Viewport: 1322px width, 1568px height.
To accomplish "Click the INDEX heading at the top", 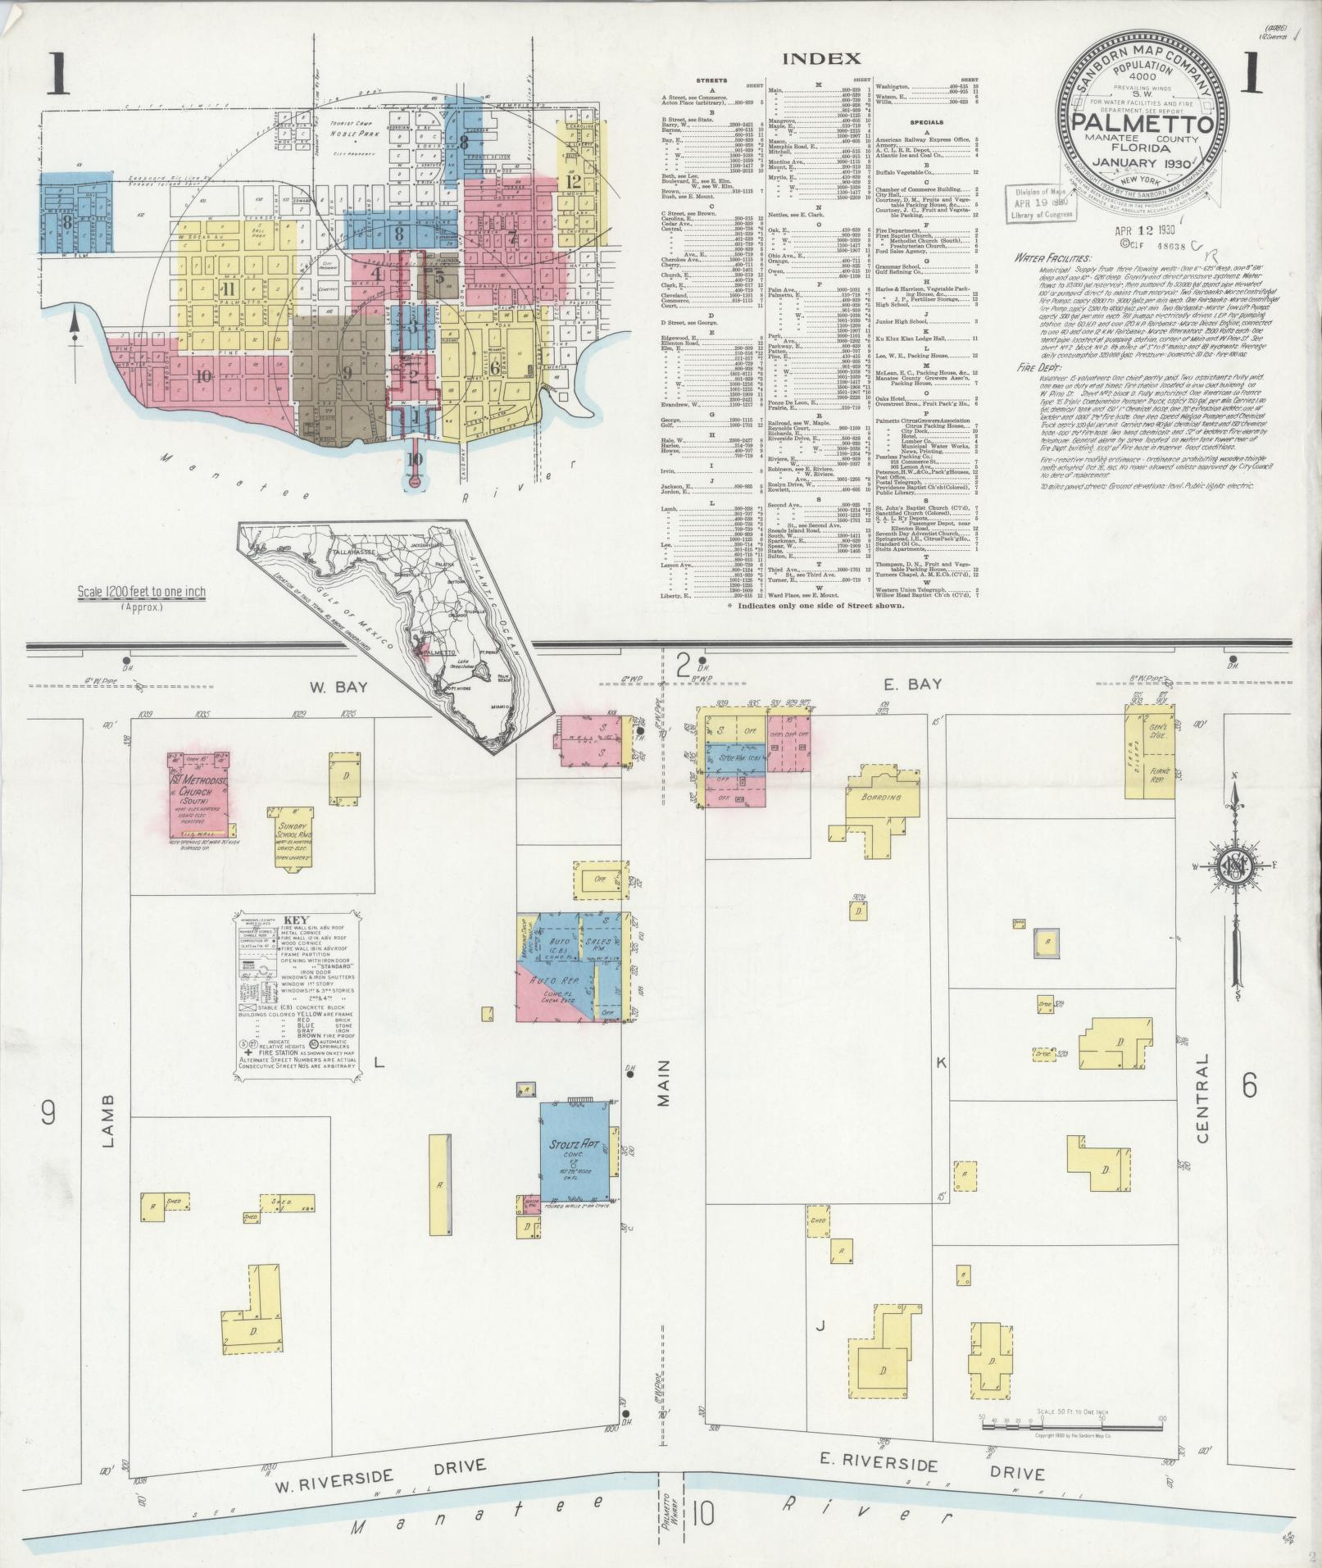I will pyautogui.click(x=821, y=58).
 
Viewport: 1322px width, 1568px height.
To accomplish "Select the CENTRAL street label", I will pyautogui.click(x=1202, y=1098).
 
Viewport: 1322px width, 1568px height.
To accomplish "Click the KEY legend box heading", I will pyautogui.click(x=295, y=920).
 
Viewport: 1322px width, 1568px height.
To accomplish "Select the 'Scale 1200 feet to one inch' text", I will pyautogui.click(x=142, y=591).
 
